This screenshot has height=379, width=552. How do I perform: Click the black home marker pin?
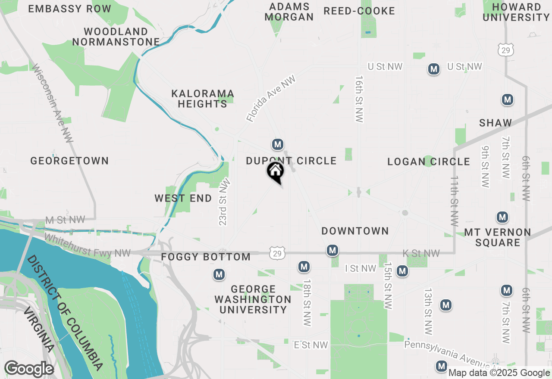coord(275,171)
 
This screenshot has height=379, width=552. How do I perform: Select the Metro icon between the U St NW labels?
coord(434,69)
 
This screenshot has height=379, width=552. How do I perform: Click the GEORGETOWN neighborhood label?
coord(69,161)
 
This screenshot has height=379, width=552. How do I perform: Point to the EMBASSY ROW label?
coord(70,9)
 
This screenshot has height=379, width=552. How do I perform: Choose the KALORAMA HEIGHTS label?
coord(203,99)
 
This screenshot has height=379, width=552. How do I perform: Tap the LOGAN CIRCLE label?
coord(428,162)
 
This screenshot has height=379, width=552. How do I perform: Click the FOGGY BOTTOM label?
coord(206,257)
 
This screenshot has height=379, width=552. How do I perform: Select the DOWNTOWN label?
coord(355,231)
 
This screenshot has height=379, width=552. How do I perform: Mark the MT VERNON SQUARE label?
coord(498,237)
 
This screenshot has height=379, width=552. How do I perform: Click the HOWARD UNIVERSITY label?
coord(516,12)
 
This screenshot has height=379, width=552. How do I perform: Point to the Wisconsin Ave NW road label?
coord(53,103)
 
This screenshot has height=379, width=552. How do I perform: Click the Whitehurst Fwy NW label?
coord(87,245)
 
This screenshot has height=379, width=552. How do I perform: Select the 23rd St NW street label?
coord(224,202)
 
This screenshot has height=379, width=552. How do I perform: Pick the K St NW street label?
coord(421,253)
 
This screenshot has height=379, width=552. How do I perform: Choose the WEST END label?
coord(183,199)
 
